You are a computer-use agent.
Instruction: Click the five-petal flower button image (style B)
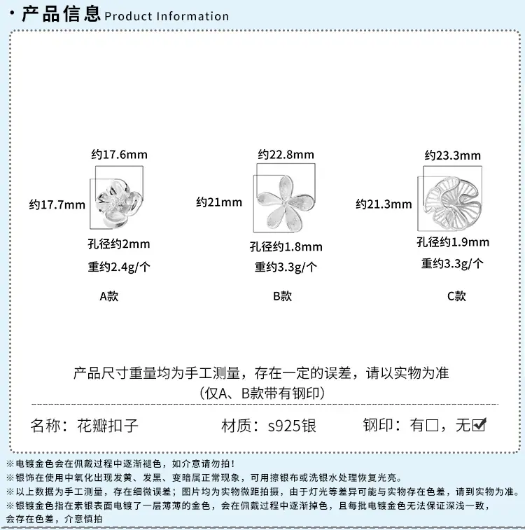286,203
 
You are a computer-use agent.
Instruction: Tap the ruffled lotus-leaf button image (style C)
453,203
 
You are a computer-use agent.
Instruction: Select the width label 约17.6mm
119,155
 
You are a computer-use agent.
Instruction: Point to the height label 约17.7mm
57,204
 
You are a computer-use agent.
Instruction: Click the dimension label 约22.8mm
286,155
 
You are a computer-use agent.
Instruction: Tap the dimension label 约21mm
219,202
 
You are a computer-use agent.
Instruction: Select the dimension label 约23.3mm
453,155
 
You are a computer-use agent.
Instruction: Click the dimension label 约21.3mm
384,204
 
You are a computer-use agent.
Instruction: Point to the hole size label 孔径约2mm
119,244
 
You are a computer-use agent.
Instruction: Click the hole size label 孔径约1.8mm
286,246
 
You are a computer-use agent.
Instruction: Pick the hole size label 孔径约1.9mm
453,242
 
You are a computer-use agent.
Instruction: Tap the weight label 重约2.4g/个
119,267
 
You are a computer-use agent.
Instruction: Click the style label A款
108,296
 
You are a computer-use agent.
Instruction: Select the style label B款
282,296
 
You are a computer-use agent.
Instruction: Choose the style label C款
456,296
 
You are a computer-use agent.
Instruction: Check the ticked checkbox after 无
479,425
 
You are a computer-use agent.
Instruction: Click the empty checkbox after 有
432,425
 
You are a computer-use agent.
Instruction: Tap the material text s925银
292,426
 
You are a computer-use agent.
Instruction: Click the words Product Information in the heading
167,16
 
